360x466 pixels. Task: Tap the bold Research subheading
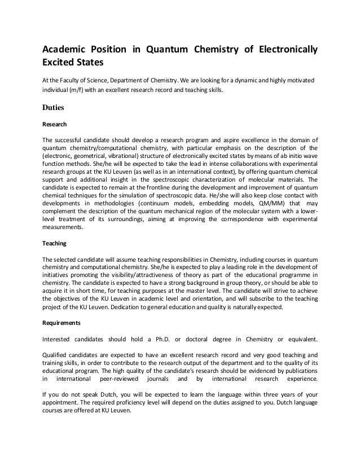55,124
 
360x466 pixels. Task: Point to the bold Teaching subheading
55,244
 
